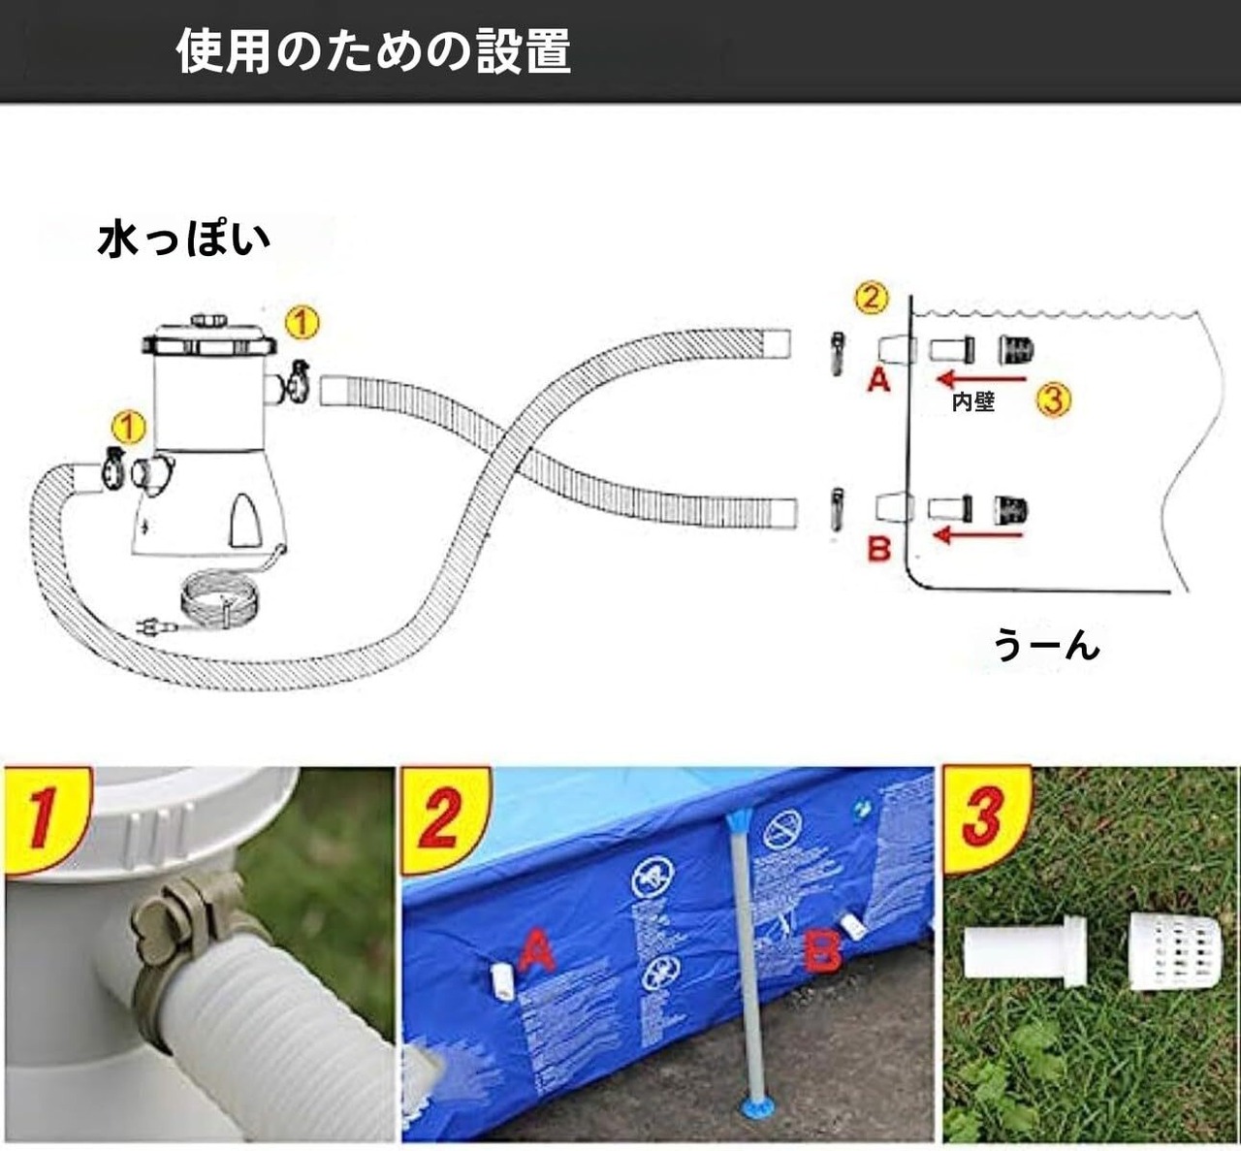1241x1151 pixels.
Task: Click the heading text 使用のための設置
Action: (x=373, y=50)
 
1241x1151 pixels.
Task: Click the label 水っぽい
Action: (x=183, y=240)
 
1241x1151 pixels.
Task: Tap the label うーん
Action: (x=1046, y=645)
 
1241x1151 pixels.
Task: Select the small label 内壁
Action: (x=972, y=401)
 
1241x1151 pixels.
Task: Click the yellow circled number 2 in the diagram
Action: (x=871, y=297)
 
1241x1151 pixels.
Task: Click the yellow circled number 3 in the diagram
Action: (x=1053, y=399)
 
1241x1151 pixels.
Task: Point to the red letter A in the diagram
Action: (x=878, y=379)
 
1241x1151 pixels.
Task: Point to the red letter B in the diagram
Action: (x=878, y=549)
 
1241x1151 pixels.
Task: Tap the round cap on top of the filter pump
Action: (x=208, y=320)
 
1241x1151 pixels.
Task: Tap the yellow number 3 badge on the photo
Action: (x=981, y=815)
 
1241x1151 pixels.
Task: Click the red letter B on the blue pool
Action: (x=823, y=951)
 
